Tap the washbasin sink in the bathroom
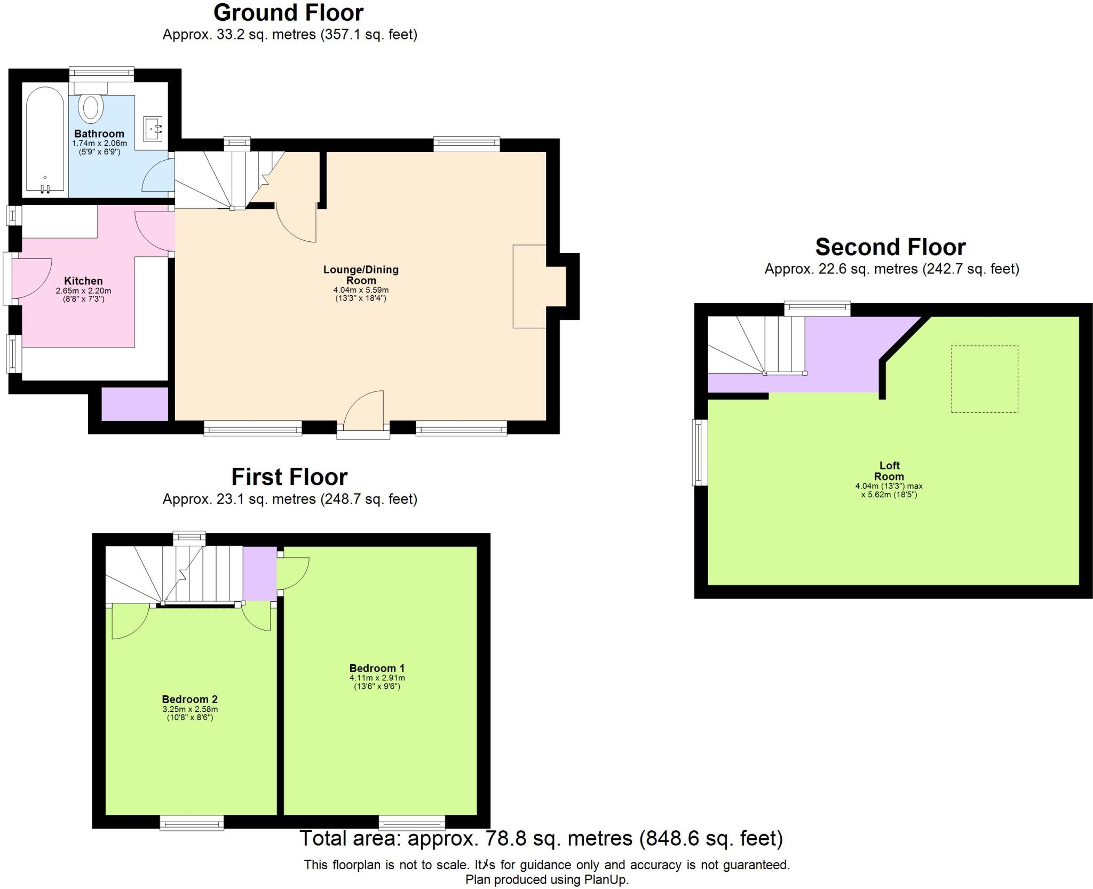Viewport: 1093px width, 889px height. click(x=153, y=129)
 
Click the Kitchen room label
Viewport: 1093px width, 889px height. click(x=83, y=281)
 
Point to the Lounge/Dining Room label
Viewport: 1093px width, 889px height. click(x=361, y=275)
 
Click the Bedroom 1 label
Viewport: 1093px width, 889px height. click(x=377, y=668)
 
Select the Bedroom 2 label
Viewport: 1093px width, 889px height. click(x=190, y=699)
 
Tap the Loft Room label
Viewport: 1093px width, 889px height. click(x=889, y=471)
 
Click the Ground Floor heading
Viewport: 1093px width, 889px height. click(x=288, y=13)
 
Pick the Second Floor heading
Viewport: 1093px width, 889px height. click(x=890, y=247)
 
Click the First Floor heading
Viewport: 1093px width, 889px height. click(x=289, y=477)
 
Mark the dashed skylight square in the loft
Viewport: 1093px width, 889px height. click(x=984, y=379)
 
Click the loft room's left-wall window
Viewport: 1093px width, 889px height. click(x=700, y=453)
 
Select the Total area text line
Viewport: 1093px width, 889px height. click(x=541, y=838)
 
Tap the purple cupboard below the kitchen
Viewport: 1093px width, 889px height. click(x=134, y=404)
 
